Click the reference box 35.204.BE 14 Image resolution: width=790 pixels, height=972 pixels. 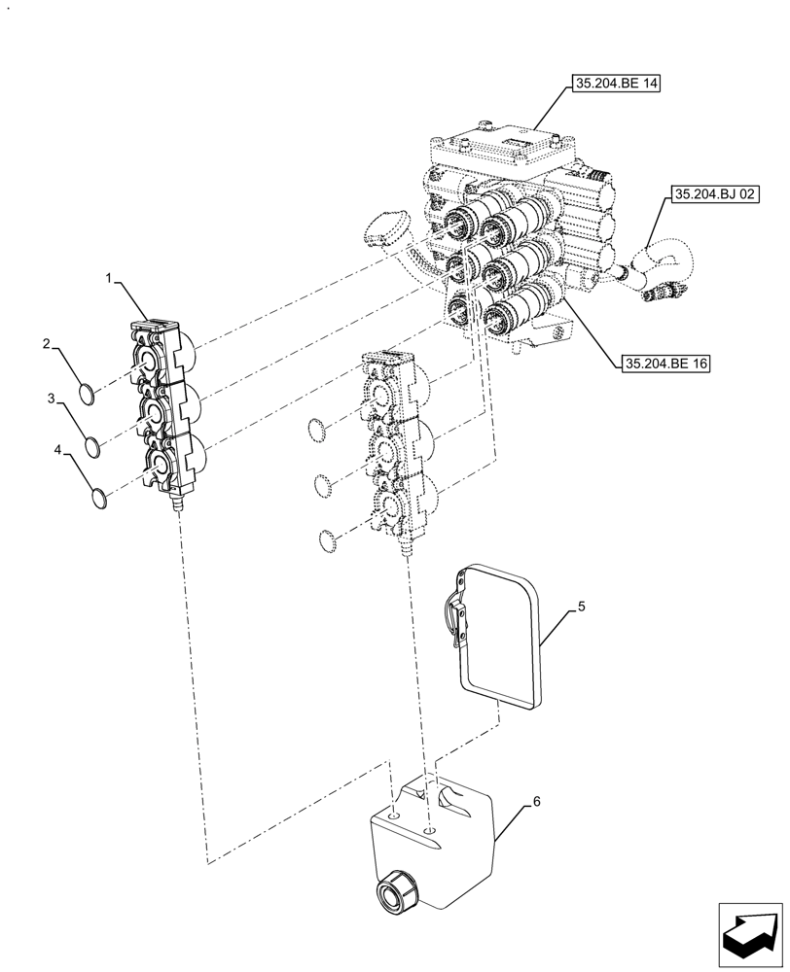point(616,85)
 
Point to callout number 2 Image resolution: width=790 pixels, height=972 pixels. point(46,343)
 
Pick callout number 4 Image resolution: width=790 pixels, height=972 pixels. point(59,451)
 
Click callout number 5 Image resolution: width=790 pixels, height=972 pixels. point(581,607)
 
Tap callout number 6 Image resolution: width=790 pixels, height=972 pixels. point(535,804)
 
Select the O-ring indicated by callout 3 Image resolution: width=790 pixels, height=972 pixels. point(93,447)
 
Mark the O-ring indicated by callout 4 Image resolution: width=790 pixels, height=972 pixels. point(98,500)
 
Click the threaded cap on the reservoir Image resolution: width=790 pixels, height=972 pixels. point(395,890)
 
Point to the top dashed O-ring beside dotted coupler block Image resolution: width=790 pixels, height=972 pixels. point(318,428)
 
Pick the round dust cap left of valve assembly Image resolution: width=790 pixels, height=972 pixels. point(381,229)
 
